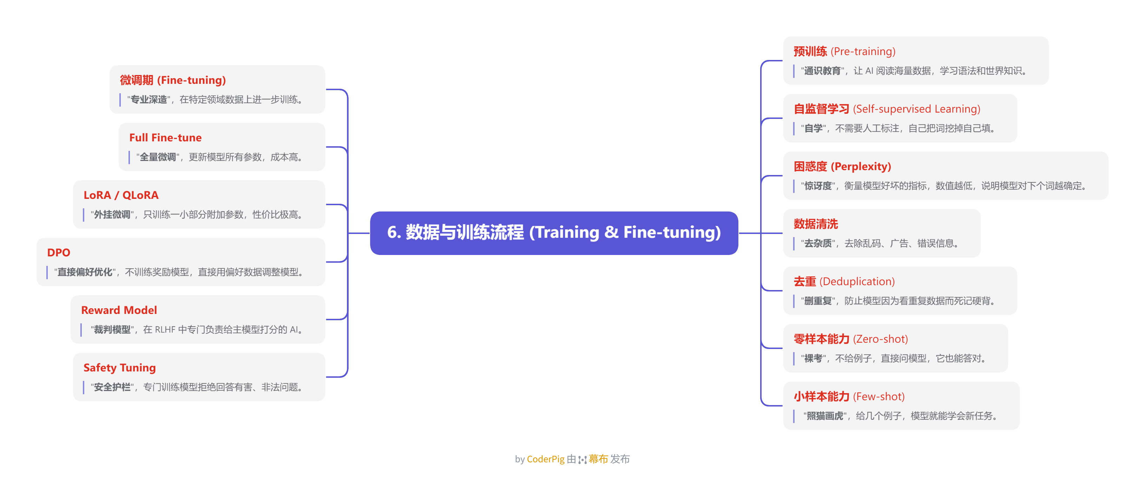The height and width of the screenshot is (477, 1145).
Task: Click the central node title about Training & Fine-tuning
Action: tap(554, 232)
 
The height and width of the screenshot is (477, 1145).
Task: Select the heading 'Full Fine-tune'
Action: tap(165, 138)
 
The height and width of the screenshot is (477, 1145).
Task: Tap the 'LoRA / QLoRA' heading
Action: tap(121, 195)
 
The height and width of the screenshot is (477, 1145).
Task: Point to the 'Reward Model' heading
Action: tap(119, 310)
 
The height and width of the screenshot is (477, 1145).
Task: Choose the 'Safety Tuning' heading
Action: tap(120, 367)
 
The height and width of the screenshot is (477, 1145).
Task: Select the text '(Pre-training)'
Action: tap(863, 52)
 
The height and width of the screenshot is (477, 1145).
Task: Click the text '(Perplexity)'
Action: tap(861, 167)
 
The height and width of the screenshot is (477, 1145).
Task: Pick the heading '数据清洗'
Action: tap(816, 224)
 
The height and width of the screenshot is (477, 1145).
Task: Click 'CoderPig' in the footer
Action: tap(545, 459)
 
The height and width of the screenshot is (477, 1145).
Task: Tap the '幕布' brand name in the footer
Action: tap(598, 459)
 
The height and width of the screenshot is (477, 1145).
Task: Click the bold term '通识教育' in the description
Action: tap(822, 70)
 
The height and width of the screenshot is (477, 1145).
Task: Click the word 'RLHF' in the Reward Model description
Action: tap(165, 330)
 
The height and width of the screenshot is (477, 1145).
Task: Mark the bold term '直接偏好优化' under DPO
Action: tap(85, 272)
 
